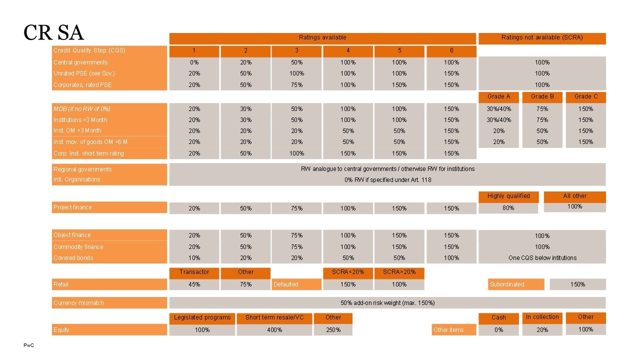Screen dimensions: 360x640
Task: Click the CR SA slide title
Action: pyautogui.click(x=53, y=32)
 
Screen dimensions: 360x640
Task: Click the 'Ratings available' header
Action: pyautogui.click(x=322, y=38)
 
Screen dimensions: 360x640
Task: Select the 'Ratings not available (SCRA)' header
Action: pyautogui.click(x=542, y=38)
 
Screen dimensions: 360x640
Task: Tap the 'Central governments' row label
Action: pyautogui.click(x=80, y=62)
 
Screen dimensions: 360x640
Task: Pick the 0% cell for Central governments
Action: pyautogui.click(x=194, y=62)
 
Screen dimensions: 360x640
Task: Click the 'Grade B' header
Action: pyautogui.click(x=542, y=96)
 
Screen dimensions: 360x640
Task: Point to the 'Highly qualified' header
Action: pyautogui.click(x=508, y=196)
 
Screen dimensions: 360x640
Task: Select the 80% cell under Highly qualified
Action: pyautogui.click(x=508, y=208)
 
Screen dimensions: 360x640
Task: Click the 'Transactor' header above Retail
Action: pyautogui.click(x=194, y=272)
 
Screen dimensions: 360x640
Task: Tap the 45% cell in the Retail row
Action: pyautogui.click(x=194, y=284)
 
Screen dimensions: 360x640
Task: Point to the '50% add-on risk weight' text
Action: pyautogui.click(x=387, y=303)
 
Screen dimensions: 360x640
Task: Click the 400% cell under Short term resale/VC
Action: pyautogui.click(x=274, y=330)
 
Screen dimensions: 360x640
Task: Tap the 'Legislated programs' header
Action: pyautogui.click(x=202, y=317)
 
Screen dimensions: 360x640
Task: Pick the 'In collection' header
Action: pyautogui.click(x=542, y=317)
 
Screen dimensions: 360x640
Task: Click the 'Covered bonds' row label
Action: pyautogui.click(x=73, y=258)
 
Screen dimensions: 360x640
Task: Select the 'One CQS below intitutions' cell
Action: pyautogui.click(x=542, y=258)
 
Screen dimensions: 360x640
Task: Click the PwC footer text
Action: pyautogui.click(x=29, y=345)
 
